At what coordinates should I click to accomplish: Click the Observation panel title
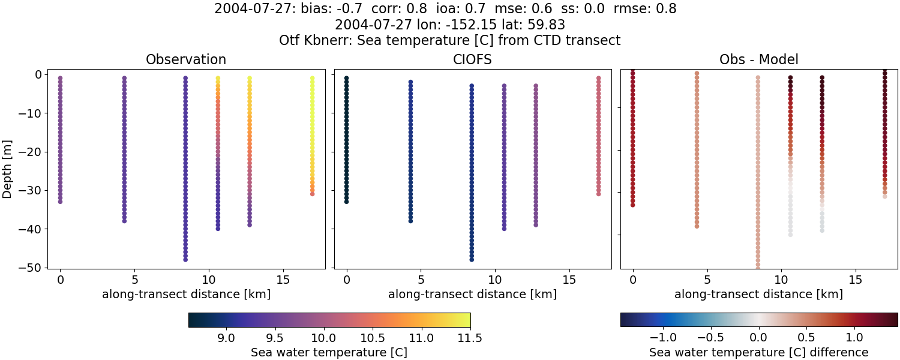tap(186, 59)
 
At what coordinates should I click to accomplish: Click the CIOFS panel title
tap(473, 59)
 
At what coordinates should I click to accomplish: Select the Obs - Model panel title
tap(759, 59)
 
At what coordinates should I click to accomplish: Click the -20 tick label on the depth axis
tap(31, 152)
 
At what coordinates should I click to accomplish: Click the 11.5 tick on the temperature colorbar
tap(470, 338)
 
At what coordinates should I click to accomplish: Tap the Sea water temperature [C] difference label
tap(759, 352)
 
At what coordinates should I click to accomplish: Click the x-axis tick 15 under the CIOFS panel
tap(569, 280)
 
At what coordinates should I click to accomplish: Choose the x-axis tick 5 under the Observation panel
tap(134, 280)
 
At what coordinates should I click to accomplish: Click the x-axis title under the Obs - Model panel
tap(759, 294)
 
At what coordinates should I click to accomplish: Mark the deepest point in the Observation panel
tap(185, 260)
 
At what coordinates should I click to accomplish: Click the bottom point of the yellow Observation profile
tap(312, 194)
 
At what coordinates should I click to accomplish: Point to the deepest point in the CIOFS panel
tap(472, 260)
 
